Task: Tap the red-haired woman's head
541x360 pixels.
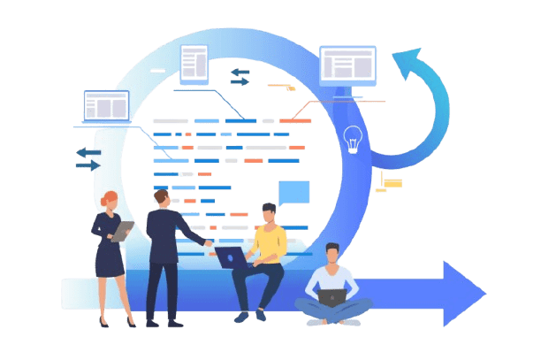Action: point(109,200)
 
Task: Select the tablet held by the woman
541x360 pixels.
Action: point(124,231)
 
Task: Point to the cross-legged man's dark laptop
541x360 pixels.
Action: point(331,298)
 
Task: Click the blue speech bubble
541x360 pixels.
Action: point(293,190)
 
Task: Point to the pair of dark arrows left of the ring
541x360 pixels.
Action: point(88,158)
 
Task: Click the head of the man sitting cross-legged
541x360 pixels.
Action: point(331,253)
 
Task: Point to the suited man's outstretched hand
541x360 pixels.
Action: point(209,240)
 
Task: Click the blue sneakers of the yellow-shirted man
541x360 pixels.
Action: point(242,317)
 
